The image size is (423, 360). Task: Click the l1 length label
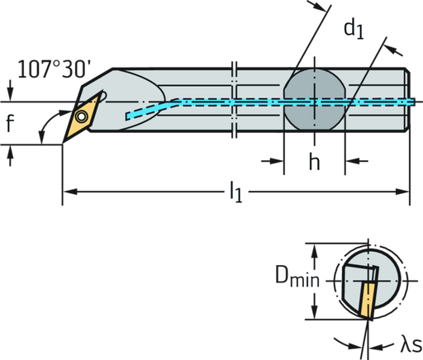pyautogui.click(x=236, y=194)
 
